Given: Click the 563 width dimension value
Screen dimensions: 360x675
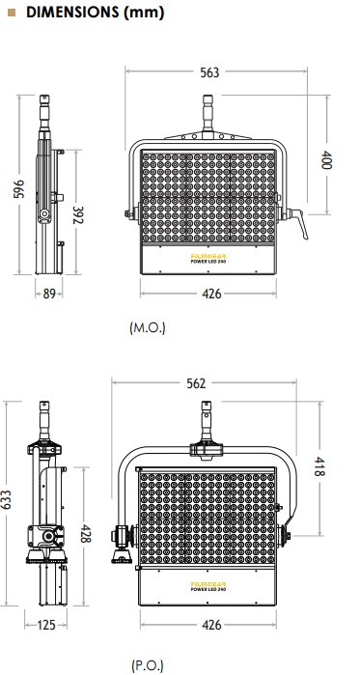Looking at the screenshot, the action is [x=209, y=72].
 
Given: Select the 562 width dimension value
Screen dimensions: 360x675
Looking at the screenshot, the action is [x=196, y=383].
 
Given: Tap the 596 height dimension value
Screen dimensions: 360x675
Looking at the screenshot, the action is [x=19, y=189].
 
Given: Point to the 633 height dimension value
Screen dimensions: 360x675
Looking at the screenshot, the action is [x=6, y=500].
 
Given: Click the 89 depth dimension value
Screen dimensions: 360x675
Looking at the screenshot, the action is [x=49, y=294].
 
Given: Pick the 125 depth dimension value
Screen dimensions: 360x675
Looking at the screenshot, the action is [x=46, y=625].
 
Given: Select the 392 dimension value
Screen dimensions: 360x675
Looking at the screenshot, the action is [x=77, y=215].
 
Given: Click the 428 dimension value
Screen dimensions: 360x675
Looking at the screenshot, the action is [x=86, y=533].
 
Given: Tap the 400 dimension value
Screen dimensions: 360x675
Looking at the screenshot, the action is [x=327, y=159].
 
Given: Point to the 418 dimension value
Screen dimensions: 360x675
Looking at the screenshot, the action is [x=318, y=466].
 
